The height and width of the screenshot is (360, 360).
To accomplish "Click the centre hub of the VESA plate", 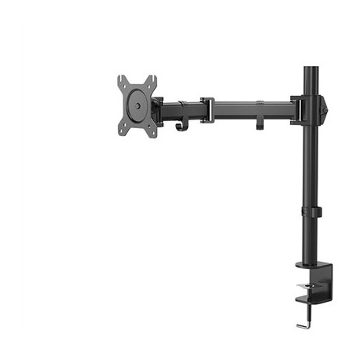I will pyautogui.click(x=137, y=103).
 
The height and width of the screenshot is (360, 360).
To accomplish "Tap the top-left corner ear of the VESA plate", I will pyautogui.click(x=122, y=80).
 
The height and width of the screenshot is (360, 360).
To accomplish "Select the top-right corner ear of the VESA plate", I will pyautogui.click(x=152, y=80).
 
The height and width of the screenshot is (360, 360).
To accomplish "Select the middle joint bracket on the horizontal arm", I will pyautogui.click(x=208, y=108).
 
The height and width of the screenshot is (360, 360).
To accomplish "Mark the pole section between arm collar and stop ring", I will pyautogui.click(x=307, y=165).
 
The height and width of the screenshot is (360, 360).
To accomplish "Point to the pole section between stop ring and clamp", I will pyautogui.click(x=307, y=240).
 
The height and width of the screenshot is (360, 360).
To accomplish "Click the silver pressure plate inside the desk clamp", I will pyautogui.click(x=307, y=288).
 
